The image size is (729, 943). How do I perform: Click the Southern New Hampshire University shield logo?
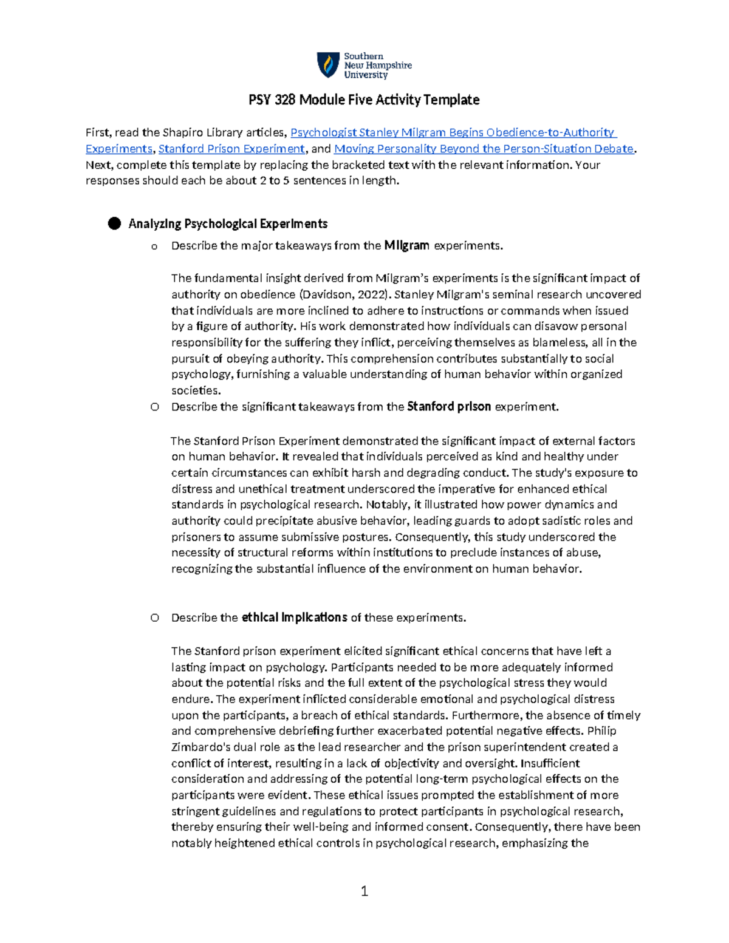329,65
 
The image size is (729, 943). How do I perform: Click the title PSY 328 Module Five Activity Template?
364,100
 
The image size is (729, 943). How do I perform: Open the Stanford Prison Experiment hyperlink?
231,149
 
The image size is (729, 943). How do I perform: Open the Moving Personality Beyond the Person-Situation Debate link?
484,149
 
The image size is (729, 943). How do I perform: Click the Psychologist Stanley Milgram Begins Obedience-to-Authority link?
453,132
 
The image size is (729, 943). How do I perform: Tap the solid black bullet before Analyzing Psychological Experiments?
114,223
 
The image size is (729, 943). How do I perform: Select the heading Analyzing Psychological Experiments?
228,224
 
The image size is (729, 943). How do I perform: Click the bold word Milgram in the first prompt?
406,245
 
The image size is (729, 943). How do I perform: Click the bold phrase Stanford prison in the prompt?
448,407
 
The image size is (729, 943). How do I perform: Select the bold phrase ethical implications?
294,618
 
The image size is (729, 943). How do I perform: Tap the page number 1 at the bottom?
364,891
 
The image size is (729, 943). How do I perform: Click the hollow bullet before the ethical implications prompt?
155,618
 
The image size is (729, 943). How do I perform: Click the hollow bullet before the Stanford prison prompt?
155,407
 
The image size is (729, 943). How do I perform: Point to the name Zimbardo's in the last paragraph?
200,747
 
